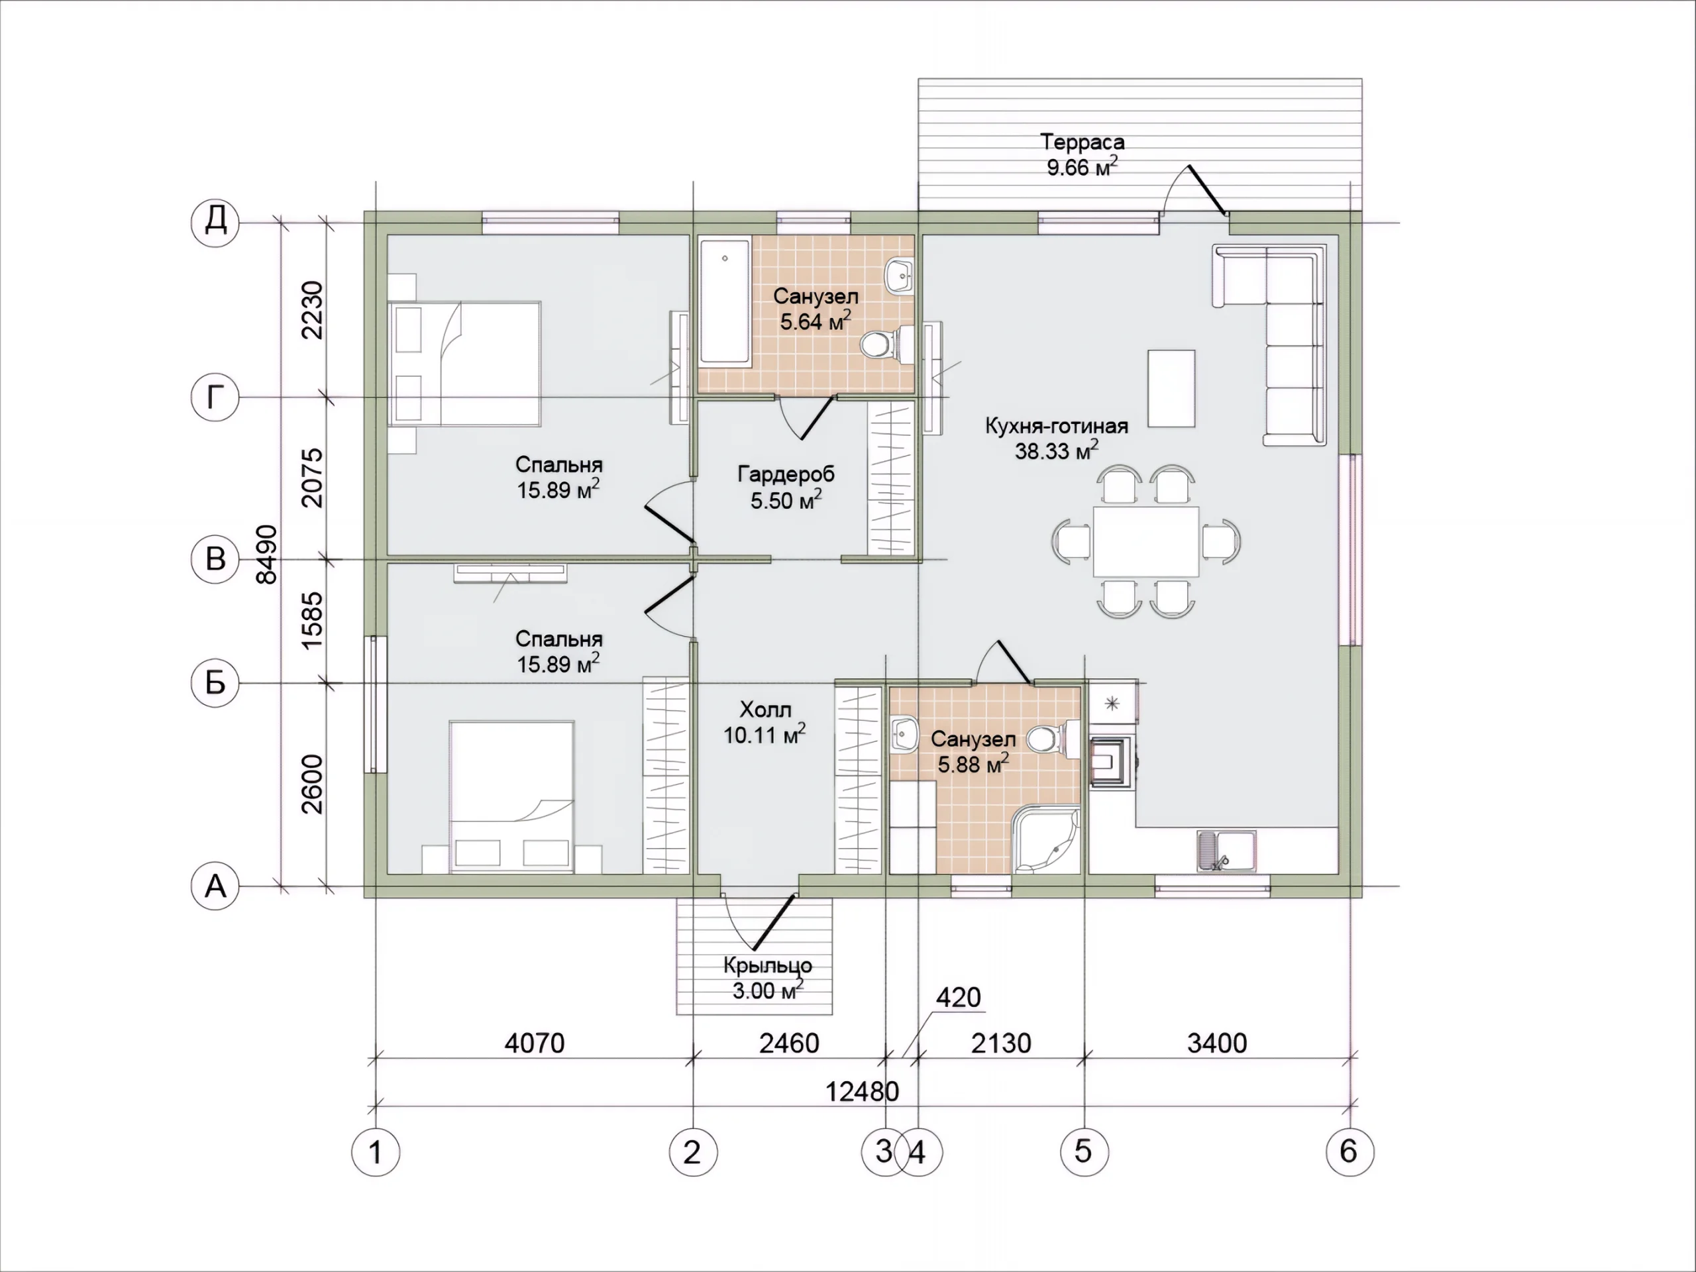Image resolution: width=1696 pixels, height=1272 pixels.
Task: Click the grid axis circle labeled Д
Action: tap(215, 223)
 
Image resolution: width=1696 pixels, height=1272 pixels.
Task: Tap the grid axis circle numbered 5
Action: tap(1084, 1151)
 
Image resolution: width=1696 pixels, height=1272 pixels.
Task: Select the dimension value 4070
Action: tap(535, 1043)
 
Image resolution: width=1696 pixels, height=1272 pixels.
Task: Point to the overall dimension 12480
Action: tap(862, 1091)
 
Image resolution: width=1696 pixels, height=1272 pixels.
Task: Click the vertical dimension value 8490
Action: tap(266, 555)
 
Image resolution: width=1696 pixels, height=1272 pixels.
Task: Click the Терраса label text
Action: tap(1082, 142)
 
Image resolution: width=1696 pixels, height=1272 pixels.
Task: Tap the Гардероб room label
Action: tap(786, 474)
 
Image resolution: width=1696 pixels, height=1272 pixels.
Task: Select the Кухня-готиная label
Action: tap(1057, 426)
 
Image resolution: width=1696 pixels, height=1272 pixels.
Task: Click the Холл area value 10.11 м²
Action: tap(765, 735)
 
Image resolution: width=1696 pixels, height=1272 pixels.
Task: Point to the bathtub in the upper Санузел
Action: tap(725, 303)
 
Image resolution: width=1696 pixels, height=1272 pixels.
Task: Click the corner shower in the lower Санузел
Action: tap(1046, 840)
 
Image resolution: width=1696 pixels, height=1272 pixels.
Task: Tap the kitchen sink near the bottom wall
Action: tap(1226, 851)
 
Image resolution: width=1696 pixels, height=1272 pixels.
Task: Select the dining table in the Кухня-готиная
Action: tap(1145, 541)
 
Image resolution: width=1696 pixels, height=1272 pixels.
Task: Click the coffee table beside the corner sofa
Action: tap(1171, 388)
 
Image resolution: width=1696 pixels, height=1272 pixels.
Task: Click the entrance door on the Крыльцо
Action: tap(774, 922)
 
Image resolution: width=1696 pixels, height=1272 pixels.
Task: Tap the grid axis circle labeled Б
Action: tap(215, 682)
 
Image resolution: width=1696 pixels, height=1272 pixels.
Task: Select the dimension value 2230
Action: tap(312, 310)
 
